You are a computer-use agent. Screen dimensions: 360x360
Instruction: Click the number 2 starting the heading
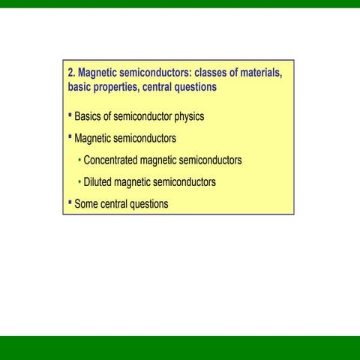(x=70, y=73)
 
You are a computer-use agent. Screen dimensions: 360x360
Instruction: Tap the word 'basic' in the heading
(x=80, y=87)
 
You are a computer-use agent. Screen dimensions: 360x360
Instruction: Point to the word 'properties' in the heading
(x=122, y=87)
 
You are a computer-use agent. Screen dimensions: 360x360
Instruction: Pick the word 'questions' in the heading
(x=202, y=87)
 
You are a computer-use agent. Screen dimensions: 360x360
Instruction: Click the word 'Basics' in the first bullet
(x=88, y=117)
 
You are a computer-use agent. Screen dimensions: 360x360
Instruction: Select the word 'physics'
(x=188, y=117)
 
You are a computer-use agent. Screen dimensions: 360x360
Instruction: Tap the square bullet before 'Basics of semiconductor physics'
(x=70, y=115)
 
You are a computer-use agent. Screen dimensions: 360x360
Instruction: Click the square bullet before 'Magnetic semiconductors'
(x=70, y=136)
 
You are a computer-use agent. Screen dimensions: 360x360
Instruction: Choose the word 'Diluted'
(x=99, y=182)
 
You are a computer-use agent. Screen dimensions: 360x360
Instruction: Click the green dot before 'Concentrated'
(x=79, y=160)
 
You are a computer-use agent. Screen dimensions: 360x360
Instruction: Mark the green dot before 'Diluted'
(x=79, y=182)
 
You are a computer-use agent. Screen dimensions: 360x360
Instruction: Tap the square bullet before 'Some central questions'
(x=70, y=202)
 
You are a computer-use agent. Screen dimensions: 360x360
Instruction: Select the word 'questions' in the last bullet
(x=149, y=204)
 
